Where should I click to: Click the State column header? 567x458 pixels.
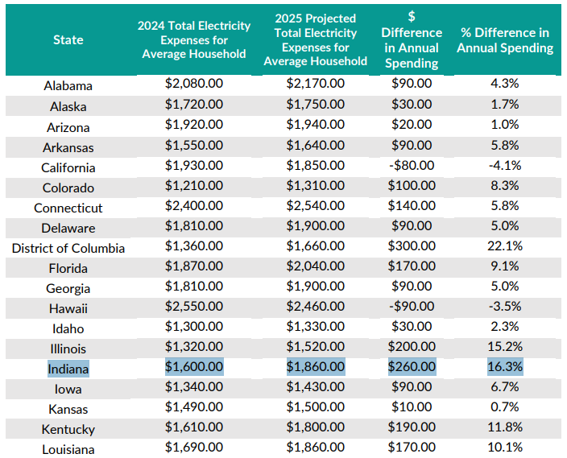(68, 39)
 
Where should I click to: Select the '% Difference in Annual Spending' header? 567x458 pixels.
(505, 39)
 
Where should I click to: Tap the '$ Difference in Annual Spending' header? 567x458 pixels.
(412, 39)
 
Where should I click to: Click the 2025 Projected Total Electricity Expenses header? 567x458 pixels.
(315, 39)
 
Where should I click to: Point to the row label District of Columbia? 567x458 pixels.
(68, 248)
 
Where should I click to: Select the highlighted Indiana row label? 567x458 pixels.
(68, 369)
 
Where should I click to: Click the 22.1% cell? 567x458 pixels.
(506, 248)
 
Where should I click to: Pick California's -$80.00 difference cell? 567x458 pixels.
(412, 166)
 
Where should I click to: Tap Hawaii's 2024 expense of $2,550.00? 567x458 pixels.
(194, 307)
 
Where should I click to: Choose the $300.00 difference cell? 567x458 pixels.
(412, 248)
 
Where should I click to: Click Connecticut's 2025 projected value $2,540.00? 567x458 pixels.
(315, 207)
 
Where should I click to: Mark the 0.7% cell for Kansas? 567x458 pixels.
(506, 408)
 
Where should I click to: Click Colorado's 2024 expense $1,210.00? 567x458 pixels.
(194, 187)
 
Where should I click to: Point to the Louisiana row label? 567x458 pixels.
(68, 449)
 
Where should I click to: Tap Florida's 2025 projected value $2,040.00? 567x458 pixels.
(315, 267)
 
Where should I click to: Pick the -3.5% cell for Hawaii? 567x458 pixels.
(506, 307)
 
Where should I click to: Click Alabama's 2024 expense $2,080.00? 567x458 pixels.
(194, 85)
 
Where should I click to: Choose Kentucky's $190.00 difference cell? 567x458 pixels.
(412, 428)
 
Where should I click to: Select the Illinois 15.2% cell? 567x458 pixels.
(506, 348)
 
